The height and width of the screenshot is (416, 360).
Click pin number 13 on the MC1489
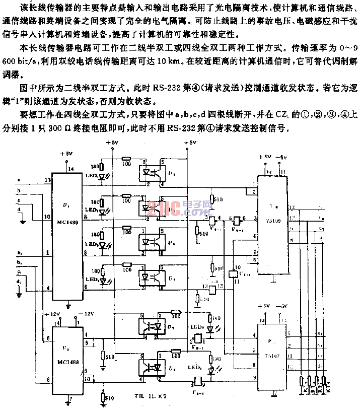[48, 179]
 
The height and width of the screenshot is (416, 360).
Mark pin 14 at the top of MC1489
[71, 168]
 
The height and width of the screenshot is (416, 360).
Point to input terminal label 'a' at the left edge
[19, 179]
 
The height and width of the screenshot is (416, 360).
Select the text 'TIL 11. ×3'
[151, 396]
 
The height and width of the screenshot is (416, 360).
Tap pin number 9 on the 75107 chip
[254, 377]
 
